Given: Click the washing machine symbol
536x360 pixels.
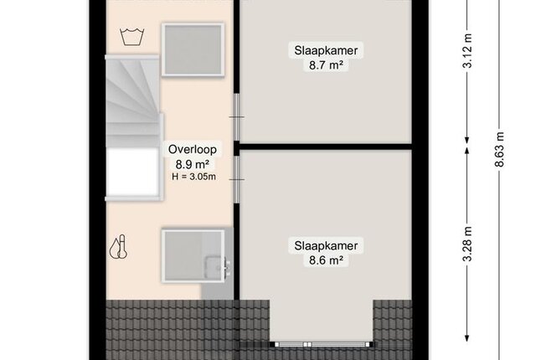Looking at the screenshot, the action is (x=132, y=37).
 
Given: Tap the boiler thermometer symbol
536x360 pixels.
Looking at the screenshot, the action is (x=118, y=247).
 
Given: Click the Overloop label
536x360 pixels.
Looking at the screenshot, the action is (x=193, y=150).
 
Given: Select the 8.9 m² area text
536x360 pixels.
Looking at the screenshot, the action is (x=193, y=164).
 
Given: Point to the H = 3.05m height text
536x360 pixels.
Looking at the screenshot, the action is (x=193, y=177).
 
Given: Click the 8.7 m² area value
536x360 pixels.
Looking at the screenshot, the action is (x=326, y=65).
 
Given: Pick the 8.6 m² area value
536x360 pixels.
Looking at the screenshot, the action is (x=326, y=260).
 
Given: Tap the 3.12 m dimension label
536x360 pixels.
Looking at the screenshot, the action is (x=467, y=50).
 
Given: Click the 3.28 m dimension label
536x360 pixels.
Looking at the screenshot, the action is (x=467, y=244).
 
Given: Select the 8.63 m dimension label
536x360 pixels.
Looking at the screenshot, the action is (x=499, y=149).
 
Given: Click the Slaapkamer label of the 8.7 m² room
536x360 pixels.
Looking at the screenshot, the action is (x=326, y=50).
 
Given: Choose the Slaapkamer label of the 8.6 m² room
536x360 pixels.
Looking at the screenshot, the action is (x=326, y=246).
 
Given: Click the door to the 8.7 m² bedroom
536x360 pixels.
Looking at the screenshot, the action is (x=236, y=117).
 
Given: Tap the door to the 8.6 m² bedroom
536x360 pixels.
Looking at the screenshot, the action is (x=236, y=179).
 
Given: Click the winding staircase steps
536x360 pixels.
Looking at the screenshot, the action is (x=132, y=101).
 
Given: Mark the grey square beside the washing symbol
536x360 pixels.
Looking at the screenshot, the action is (x=193, y=50).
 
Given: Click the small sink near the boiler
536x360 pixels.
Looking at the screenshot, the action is (x=217, y=268).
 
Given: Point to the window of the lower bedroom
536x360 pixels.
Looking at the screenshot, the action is (x=322, y=344).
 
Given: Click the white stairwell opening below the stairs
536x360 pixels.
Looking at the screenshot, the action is (x=132, y=172).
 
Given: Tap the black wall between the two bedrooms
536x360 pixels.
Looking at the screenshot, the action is (x=325, y=147).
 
